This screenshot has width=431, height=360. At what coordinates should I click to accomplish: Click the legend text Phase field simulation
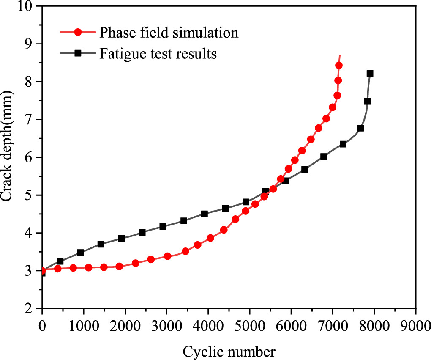click(x=169, y=32)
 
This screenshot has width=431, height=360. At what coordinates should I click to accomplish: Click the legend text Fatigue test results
click(x=158, y=54)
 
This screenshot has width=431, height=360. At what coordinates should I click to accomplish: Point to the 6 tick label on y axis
click(x=31, y=158)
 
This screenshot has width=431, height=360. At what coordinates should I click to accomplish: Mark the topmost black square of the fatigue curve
click(x=370, y=74)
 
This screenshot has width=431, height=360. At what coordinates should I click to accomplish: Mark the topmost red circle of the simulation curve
click(x=338, y=66)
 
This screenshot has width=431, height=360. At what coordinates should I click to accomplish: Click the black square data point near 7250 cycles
click(x=343, y=144)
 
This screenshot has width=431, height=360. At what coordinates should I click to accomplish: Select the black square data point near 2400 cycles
click(x=142, y=233)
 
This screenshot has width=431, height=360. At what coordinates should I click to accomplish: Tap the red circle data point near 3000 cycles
click(x=167, y=256)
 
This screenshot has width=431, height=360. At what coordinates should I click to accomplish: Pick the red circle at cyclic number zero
click(x=43, y=271)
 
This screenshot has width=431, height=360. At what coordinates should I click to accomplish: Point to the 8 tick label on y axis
click(x=31, y=82)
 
